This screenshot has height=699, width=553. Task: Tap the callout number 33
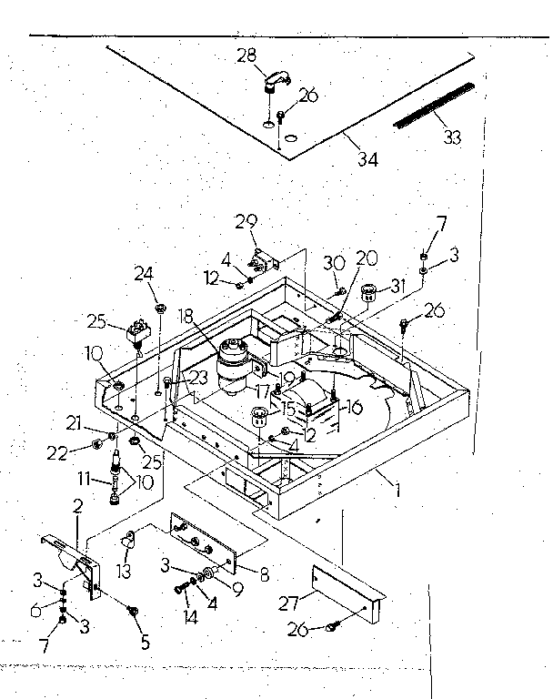(452, 137)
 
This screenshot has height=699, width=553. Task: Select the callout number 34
(367, 160)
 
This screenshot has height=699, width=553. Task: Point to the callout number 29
(246, 221)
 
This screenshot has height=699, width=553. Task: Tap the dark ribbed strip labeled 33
(434, 105)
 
